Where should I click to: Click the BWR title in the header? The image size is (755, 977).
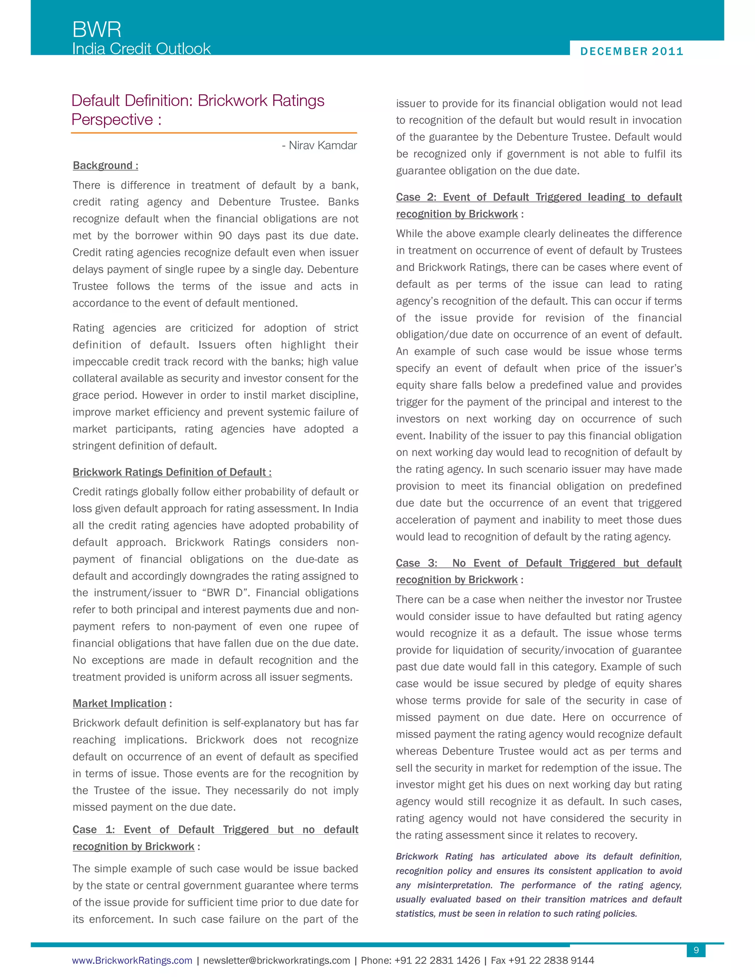coord(97,29)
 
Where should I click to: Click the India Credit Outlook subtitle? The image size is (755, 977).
coord(141,48)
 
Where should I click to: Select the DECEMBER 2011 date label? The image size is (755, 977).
coord(632,52)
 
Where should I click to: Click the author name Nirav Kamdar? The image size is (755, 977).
coord(323,145)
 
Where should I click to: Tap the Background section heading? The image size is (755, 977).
coord(105,166)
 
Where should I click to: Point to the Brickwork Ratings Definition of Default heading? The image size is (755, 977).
coord(172,472)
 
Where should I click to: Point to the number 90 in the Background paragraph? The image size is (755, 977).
coord(225,236)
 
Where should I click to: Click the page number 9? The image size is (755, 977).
coord(696,950)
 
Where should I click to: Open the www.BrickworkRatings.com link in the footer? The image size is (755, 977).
coord(132,960)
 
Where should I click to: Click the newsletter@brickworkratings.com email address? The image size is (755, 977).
coord(276,960)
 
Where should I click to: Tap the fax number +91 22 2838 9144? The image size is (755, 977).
coord(551,960)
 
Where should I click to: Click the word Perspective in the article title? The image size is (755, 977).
coord(112,119)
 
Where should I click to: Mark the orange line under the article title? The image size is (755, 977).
coord(214,133)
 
